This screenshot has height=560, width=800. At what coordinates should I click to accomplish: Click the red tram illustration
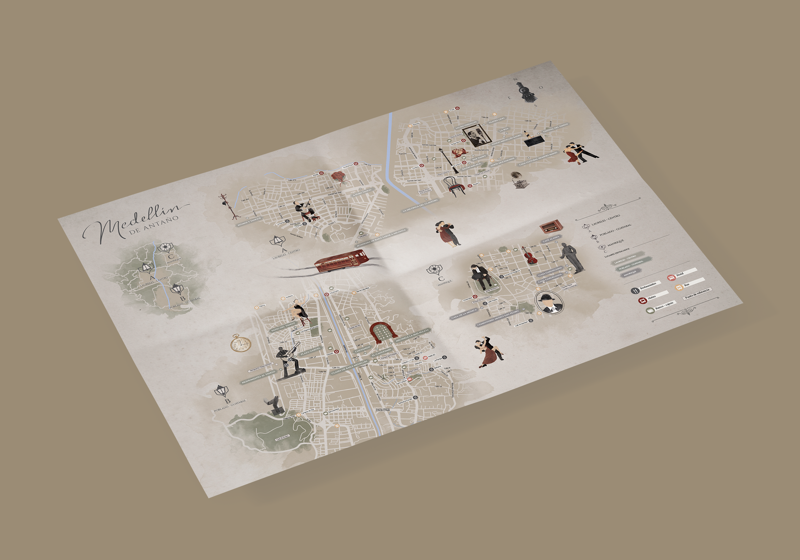pyautogui.click(x=341, y=260)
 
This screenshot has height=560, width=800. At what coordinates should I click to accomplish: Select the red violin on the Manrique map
pyautogui.click(x=529, y=256)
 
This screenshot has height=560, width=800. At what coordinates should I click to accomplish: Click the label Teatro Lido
pyautogui.click(x=496, y=121)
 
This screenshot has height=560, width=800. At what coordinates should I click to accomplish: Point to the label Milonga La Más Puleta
pyautogui.click(x=413, y=335)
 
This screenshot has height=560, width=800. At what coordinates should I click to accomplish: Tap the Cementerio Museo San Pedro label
pyautogui.click(x=498, y=318)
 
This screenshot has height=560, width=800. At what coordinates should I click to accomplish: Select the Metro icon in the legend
pyautogui.click(x=642, y=300)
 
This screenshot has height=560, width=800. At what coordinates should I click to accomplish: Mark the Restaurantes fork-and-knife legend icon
pyautogui.click(x=635, y=290)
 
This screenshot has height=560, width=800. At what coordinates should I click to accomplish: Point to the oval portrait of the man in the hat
pyautogui.click(x=550, y=302)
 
